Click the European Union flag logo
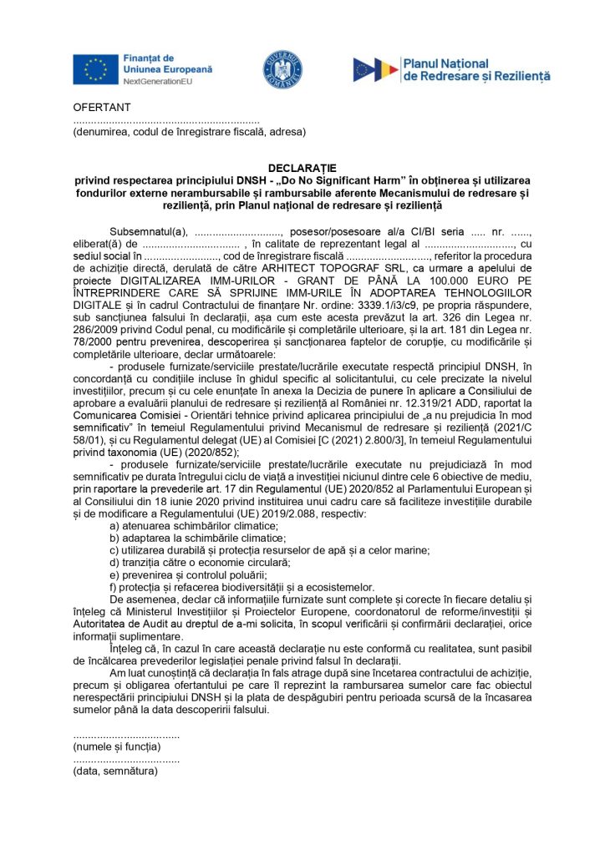coord(95,69)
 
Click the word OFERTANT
coord(102,109)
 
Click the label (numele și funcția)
coord(117,747)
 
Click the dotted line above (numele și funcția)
coord(126,736)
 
